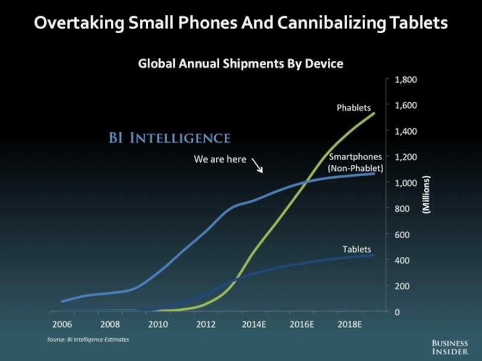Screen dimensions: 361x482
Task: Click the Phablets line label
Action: [x=354, y=108]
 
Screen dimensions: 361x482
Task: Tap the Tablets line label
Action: [x=357, y=249]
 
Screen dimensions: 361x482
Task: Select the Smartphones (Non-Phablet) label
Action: [x=355, y=163]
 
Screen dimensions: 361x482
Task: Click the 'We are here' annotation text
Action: [x=220, y=159]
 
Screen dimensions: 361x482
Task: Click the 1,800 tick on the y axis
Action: [x=405, y=79]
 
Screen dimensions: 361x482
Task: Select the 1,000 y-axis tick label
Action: [x=405, y=183]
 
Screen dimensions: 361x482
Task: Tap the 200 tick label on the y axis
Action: [x=402, y=286]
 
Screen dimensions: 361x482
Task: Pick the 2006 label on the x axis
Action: [x=63, y=324]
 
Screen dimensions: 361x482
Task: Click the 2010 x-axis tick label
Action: [x=158, y=324]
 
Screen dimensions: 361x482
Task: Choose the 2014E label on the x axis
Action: [x=254, y=324]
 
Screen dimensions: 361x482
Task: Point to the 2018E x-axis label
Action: [x=349, y=324]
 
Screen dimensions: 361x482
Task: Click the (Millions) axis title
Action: [x=426, y=196]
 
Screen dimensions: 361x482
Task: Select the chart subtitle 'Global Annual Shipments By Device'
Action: [x=241, y=63]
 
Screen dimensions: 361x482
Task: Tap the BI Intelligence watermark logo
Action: [x=169, y=138]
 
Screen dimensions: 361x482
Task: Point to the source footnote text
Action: [x=88, y=340]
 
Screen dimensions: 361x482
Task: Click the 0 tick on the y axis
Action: [x=396, y=312]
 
